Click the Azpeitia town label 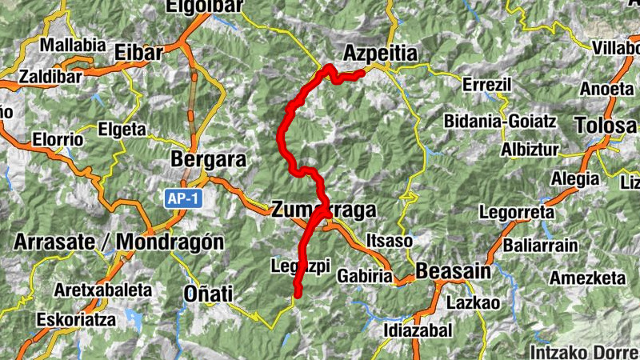coord(380,54)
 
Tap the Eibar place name coord(139,53)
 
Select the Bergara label coord(208,160)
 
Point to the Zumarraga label coord(323,210)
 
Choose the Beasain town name coord(453,271)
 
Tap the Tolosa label coord(606,126)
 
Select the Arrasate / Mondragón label coord(118,242)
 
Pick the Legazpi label coord(301,266)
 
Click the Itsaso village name coord(389,241)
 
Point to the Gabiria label coord(365,276)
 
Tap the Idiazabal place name coord(418,330)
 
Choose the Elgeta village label coord(122,129)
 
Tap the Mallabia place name coord(72,45)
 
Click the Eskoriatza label coord(75,319)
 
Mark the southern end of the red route coord(298,295)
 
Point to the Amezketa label coord(587,278)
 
